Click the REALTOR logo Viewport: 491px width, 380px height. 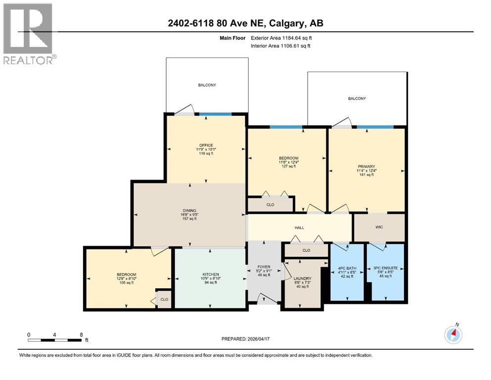pos(29,33)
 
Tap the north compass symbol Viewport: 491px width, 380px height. pos(453,334)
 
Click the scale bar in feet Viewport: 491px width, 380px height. pos(55,340)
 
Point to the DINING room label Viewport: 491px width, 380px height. pos(189,210)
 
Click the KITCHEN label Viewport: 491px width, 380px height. pos(211,275)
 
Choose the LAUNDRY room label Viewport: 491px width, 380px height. pos(303,279)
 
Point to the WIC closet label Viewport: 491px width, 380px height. pos(379,228)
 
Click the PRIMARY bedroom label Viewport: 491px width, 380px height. pos(367,167)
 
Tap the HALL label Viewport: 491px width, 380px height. pos(299,228)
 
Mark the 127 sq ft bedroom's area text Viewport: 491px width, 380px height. pos(289,166)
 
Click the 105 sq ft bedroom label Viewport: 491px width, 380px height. pos(127,275)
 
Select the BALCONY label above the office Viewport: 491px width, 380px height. pos(207,85)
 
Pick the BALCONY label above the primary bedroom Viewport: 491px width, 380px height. pos(357,98)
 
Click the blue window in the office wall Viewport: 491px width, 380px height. pos(215,114)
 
